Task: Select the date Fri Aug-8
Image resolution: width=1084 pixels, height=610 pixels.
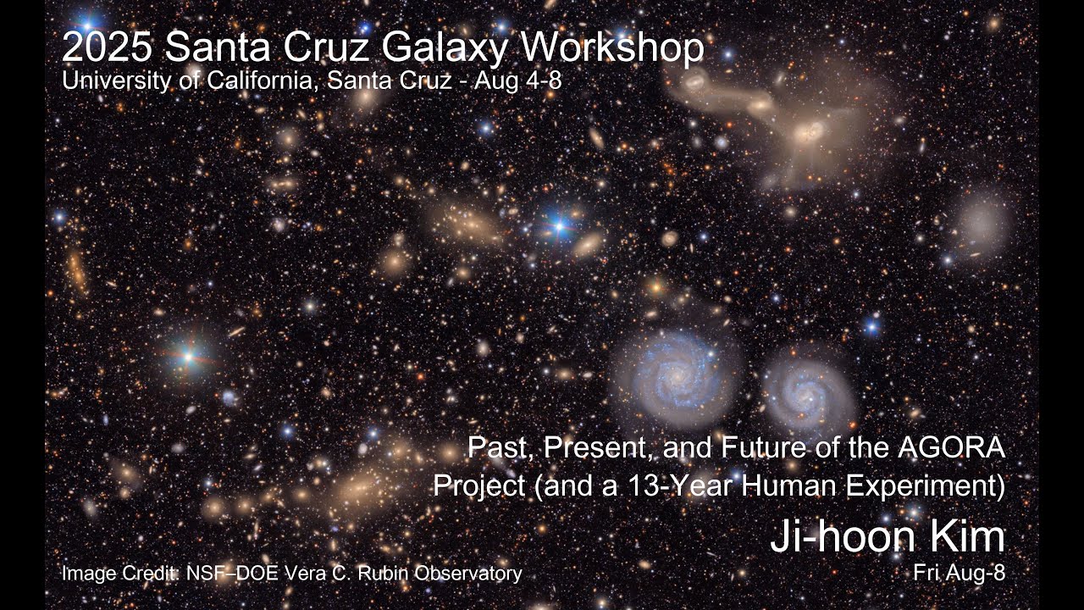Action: [959, 574]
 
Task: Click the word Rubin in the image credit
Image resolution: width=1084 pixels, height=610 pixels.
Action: [387, 574]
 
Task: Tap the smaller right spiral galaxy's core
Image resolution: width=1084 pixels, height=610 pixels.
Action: [804, 390]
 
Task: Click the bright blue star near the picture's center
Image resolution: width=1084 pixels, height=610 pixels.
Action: [558, 225]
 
